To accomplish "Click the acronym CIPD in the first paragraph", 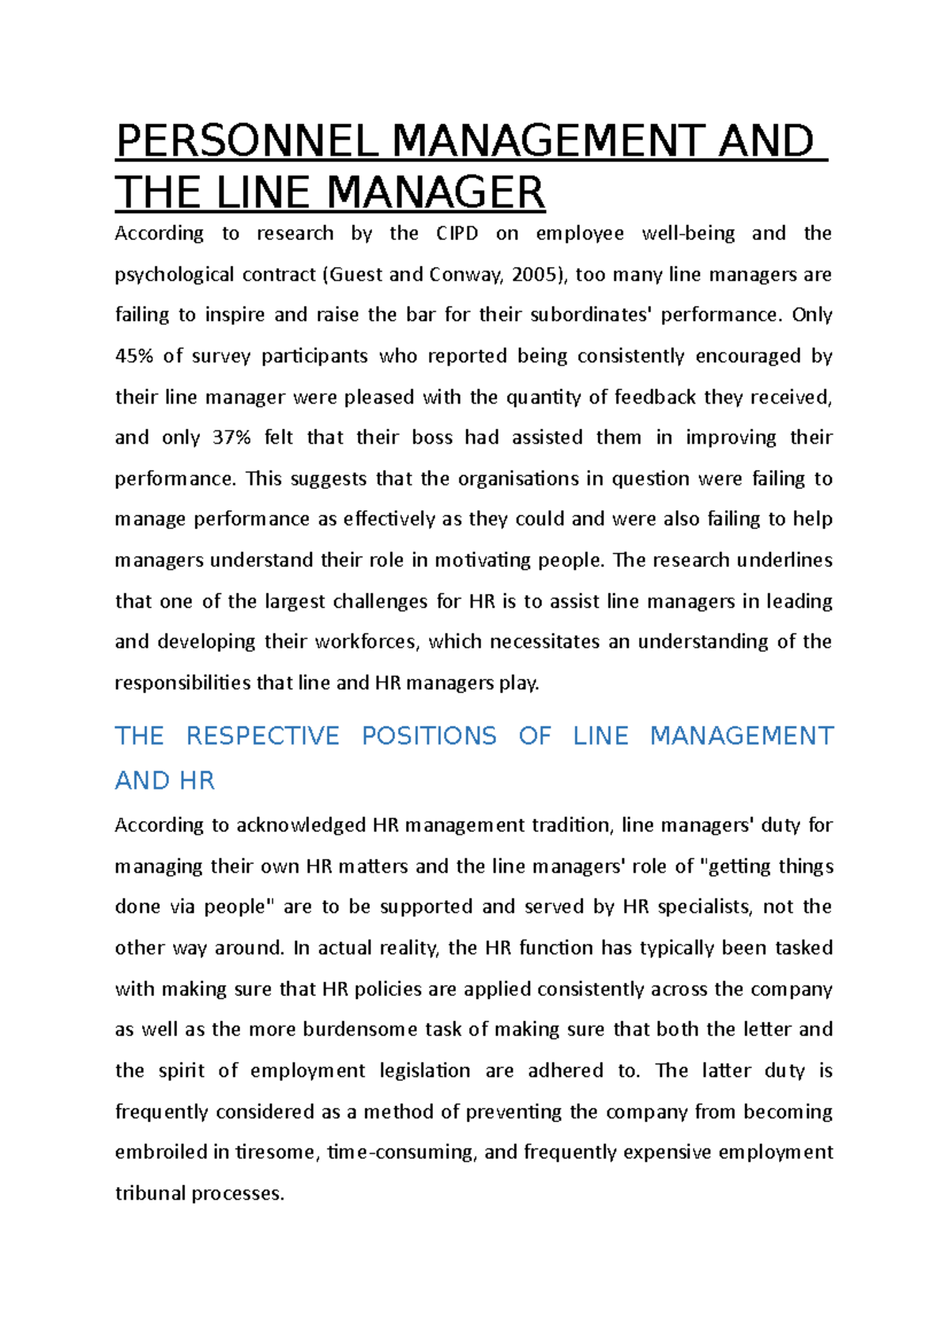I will (x=457, y=234).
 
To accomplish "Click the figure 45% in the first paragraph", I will (x=134, y=356).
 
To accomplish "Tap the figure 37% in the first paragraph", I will (x=231, y=438).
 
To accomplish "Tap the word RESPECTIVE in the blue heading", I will (x=262, y=736).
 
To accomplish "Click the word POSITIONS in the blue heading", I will (x=429, y=736).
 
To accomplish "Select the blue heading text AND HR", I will (x=164, y=781).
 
